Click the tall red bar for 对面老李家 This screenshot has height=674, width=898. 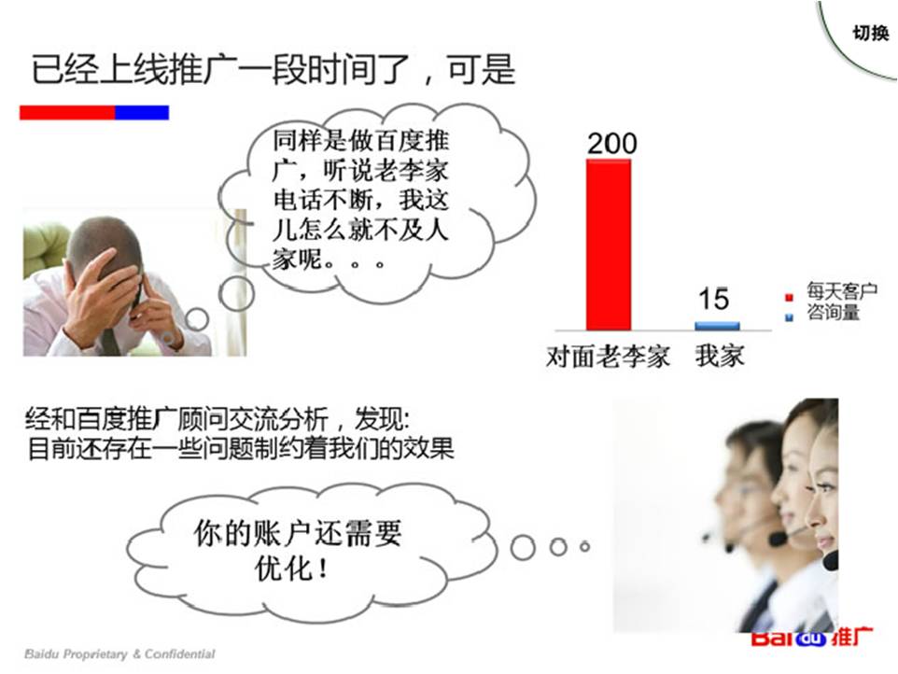(609, 245)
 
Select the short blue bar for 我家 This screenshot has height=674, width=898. (717, 326)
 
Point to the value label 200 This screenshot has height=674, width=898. (611, 143)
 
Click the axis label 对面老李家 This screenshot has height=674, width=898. (608, 357)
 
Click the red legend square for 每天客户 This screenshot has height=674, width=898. (788, 296)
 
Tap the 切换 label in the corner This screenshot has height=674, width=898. (870, 34)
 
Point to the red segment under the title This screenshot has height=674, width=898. (67, 112)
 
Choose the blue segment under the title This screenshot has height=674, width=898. (142, 112)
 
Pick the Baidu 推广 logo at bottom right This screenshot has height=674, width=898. (812, 639)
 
